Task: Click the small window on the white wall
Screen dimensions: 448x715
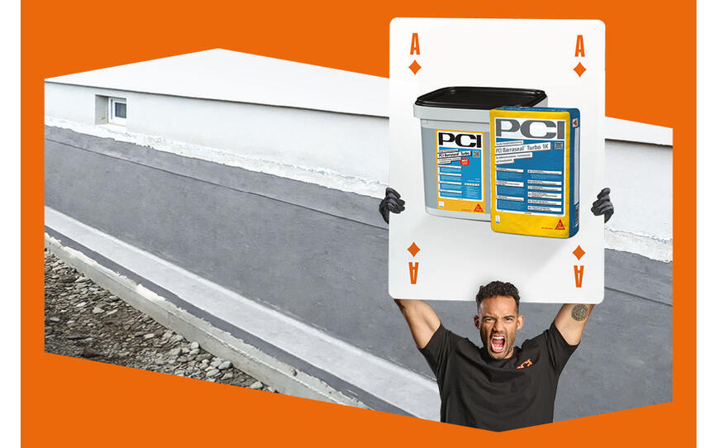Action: (x=117, y=108)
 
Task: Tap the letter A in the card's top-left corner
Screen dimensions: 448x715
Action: (x=414, y=45)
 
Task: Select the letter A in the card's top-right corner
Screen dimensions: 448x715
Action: (x=579, y=45)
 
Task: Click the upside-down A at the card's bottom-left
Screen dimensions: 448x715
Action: (x=413, y=269)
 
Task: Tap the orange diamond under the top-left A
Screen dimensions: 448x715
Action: (x=414, y=67)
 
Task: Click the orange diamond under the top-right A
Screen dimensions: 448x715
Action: (x=579, y=69)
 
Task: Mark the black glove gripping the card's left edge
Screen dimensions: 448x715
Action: (x=391, y=204)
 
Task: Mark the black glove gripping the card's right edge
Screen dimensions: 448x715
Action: (x=603, y=204)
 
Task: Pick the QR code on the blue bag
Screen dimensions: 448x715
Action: (x=558, y=147)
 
